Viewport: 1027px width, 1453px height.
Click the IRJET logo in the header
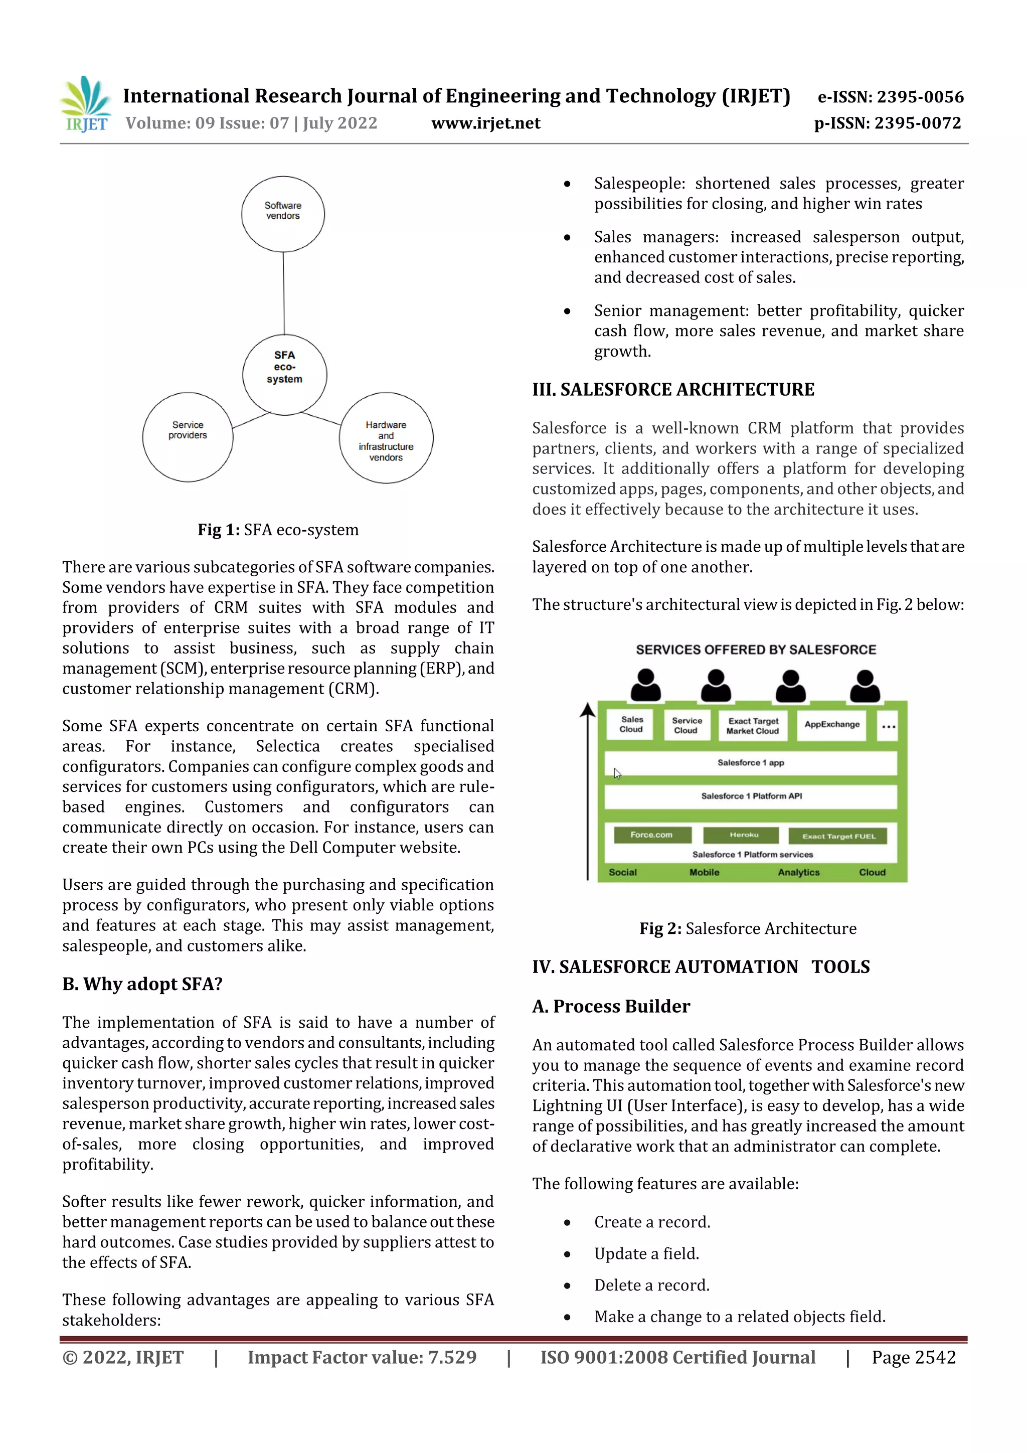click(85, 104)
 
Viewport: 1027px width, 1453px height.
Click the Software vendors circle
click(283, 214)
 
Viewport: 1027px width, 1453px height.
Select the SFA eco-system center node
click(285, 374)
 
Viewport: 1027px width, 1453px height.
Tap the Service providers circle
click(188, 437)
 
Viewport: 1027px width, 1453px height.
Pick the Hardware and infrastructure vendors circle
click(386, 438)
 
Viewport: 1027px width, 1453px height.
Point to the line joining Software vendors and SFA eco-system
click(283, 293)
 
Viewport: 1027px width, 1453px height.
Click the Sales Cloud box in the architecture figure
click(631, 725)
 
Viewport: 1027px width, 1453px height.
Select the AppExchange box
click(831, 725)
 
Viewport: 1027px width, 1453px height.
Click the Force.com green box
click(652, 835)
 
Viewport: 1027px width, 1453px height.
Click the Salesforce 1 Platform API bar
click(751, 796)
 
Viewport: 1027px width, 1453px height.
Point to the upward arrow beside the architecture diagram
click(588, 791)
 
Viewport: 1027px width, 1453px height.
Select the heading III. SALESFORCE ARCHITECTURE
click(672, 389)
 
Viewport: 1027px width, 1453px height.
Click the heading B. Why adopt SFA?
click(142, 984)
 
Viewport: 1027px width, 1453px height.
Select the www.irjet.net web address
click(485, 123)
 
